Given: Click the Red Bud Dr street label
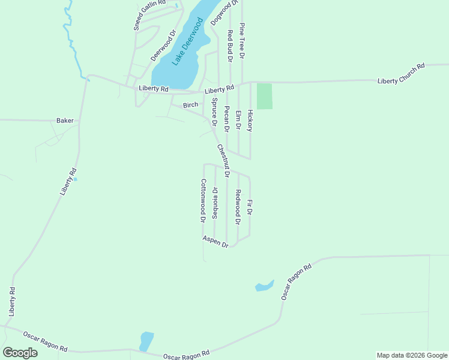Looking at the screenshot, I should tap(229, 45).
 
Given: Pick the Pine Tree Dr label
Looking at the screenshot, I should tap(242, 41).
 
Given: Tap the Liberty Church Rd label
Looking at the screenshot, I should tap(401, 73).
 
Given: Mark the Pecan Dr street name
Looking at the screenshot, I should tap(226, 118).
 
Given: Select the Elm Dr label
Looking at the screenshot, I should tap(238, 120).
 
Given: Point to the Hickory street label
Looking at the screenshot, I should tap(250, 121).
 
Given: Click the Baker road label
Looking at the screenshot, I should tap(65, 121).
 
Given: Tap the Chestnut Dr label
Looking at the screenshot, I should tap(223, 161).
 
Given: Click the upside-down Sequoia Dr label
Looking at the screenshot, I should tap(215, 202).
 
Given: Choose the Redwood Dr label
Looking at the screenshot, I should tap(238, 207).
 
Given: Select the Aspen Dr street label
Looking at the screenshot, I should tap(215, 241).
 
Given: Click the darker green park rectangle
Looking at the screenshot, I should tap(264, 96).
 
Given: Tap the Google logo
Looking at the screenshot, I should tap(20, 353).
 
